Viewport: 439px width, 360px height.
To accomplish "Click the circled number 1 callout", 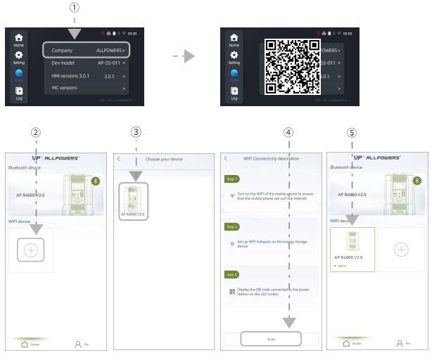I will click(75, 7).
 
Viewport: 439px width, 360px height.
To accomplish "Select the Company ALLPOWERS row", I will click(88, 51).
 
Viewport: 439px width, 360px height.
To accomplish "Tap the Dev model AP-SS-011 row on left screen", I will click(88, 63).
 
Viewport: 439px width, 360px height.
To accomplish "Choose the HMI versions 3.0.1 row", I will click(88, 75).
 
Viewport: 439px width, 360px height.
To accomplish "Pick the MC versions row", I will click(88, 88).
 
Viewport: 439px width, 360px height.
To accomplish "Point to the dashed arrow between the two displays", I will click(184, 56).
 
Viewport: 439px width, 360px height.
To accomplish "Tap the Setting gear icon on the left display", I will click(19, 57).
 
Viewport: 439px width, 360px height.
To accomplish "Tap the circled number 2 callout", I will click(35, 132).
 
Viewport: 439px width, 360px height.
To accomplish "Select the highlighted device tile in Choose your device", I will click(132, 201).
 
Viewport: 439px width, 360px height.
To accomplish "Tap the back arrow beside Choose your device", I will click(119, 159).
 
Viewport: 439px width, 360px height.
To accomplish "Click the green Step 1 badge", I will click(231, 179).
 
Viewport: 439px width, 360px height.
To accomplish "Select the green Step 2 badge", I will click(231, 226).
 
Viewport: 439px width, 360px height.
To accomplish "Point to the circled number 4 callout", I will click(288, 132).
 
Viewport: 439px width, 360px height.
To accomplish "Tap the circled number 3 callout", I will click(137, 132).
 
